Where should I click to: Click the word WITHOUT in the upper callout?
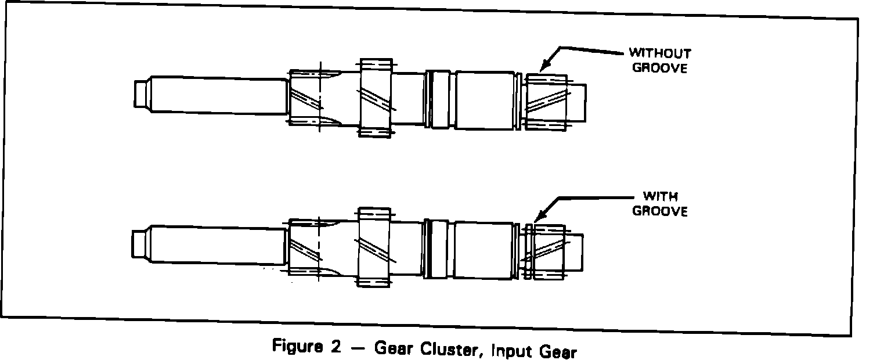pos(661,54)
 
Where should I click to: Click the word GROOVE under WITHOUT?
pos(660,67)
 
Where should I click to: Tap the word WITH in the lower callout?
pos(660,197)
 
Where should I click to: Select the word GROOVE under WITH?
pos(660,211)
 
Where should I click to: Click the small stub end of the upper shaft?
pos(140,94)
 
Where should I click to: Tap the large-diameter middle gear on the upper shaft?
pos(375,98)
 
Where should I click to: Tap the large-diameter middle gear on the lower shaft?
pos(373,246)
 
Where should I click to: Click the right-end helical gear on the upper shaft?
pos(546,102)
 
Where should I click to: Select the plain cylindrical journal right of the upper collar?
pos(483,100)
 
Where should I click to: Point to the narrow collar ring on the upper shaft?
pos(438,99)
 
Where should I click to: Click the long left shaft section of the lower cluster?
pos(218,245)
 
